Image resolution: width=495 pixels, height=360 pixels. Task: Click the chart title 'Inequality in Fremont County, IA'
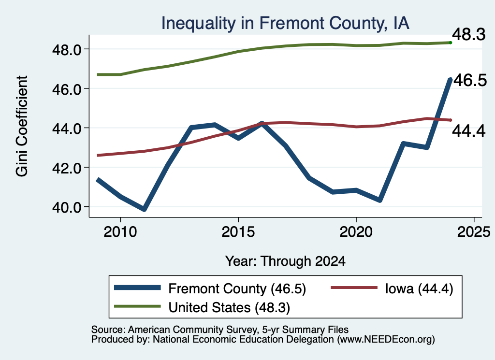(x=285, y=23)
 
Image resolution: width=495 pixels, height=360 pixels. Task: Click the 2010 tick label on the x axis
(x=120, y=232)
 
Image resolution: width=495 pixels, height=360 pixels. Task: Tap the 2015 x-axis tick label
(x=238, y=232)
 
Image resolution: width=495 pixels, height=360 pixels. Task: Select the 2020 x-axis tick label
(x=356, y=232)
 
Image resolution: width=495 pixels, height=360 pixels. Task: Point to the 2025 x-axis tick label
(x=474, y=232)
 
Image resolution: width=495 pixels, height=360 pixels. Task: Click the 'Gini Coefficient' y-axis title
(x=22, y=126)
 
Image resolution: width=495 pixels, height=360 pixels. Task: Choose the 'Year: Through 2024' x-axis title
(x=285, y=261)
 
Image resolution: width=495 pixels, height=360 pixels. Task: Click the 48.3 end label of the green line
(x=469, y=34)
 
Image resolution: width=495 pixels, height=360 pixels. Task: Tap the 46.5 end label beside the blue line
(x=470, y=80)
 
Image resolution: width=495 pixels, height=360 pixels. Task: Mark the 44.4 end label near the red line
(x=469, y=130)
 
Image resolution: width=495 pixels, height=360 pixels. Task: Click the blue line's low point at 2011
(x=144, y=209)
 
